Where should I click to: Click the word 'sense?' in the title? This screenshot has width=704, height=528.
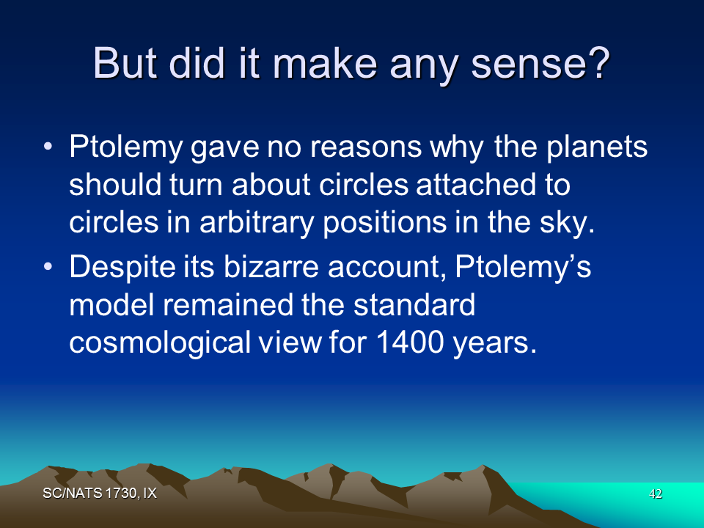[x=540, y=63]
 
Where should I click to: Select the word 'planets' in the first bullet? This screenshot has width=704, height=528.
[x=597, y=147]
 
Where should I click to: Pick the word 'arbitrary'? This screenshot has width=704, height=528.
[x=257, y=224]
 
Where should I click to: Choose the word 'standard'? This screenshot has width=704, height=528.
[x=414, y=305]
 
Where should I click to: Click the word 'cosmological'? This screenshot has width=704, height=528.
[x=160, y=343]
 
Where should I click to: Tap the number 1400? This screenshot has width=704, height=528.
[x=411, y=342]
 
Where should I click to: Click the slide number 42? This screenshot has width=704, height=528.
[x=656, y=494]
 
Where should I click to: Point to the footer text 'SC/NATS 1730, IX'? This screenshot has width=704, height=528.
[x=100, y=494]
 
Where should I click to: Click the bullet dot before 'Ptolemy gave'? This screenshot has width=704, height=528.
[x=48, y=147]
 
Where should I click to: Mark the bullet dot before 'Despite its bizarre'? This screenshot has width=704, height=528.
[x=48, y=267]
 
